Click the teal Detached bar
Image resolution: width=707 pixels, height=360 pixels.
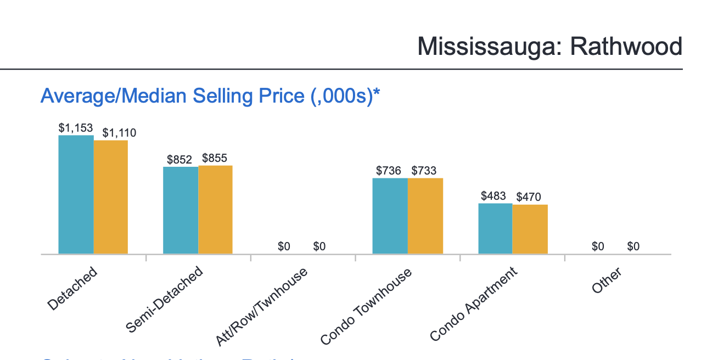(76, 194)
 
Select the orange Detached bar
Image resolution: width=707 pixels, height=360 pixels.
(111, 197)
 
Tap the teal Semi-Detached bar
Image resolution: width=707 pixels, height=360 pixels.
(181, 210)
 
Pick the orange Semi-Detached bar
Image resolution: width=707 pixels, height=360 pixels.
(216, 210)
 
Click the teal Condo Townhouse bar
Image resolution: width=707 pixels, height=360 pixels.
(390, 216)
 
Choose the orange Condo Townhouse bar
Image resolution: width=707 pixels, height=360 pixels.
(425, 216)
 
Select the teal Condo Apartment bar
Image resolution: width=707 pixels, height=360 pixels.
(495, 228)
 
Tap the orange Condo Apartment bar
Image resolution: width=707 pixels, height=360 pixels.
(530, 229)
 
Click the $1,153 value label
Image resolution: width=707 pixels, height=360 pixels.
(76, 127)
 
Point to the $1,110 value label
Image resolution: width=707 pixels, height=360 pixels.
(119, 133)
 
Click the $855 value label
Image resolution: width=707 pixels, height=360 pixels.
(215, 158)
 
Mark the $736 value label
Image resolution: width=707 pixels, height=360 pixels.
(389, 171)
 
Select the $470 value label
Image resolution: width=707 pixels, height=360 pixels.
(529, 197)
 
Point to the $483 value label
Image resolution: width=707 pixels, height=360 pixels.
(493, 196)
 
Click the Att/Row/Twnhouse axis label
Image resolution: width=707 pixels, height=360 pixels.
(261, 307)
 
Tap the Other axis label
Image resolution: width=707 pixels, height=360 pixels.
(607, 280)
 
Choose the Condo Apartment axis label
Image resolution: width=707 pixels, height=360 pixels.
(473, 303)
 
